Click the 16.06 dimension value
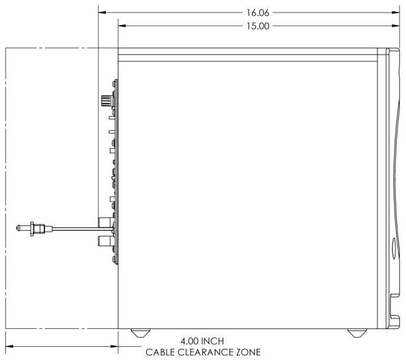coord(258,13)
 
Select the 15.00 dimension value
coord(258,26)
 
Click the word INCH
coord(212,341)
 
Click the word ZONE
coord(249,352)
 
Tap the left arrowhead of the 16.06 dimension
coord(102,13)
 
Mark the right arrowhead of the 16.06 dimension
coord(396,13)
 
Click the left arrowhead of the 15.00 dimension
coord(122,26)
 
